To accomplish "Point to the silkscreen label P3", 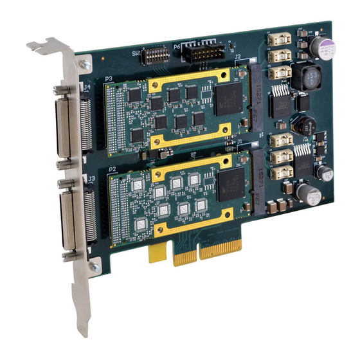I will (x=109, y=79).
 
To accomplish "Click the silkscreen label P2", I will (x=113, y=168).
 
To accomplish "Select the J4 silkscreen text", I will (x=87, y=85).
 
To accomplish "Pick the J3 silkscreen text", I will (x=92, y=177).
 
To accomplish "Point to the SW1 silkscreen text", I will (x=136, y=51).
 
